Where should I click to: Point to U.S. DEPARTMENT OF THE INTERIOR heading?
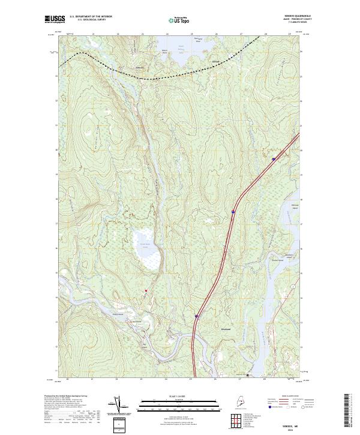point(91,17)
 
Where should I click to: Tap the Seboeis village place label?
point(140,68)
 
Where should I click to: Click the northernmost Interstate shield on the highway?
point(273,159)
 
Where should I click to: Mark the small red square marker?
point(145,292)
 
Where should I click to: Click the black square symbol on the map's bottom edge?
point(248,377)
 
